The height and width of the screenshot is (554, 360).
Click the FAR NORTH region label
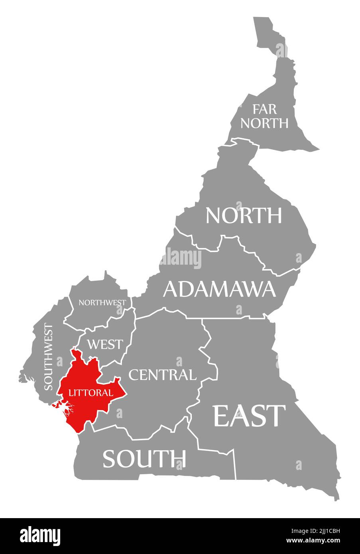(x=264, y=116)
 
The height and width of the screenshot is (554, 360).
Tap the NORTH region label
(x=244, y=215)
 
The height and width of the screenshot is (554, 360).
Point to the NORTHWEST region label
(x=102, y=303)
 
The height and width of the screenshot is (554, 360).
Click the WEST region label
(x=105, y=344)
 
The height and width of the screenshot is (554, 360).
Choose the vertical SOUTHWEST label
(x=48, y=357)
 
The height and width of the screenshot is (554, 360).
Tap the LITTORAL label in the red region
(x=90, y=393)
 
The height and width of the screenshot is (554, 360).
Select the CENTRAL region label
(x=162, y=375)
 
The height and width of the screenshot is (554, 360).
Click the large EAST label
(x=250, y=415)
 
